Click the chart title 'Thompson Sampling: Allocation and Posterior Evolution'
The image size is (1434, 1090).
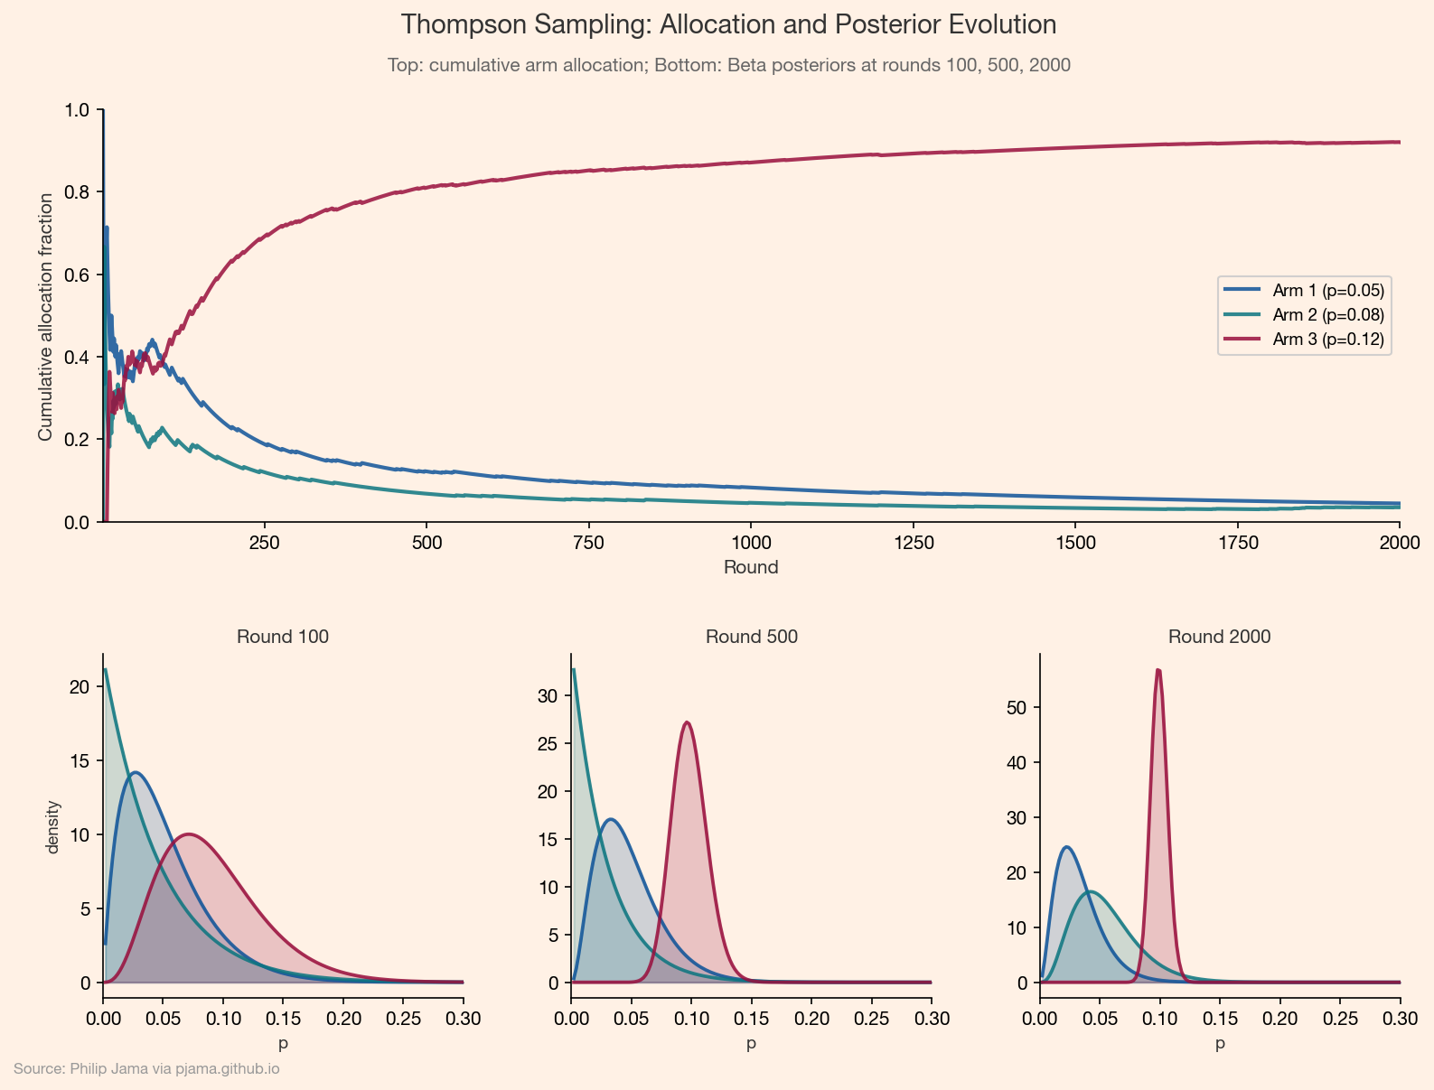click(728, 24)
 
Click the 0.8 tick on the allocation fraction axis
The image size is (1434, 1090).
click(78, 192)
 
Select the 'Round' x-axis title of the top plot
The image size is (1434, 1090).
click(751, 568)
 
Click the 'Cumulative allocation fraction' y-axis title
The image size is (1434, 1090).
click(45, 317)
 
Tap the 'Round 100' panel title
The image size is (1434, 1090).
click(283, 637)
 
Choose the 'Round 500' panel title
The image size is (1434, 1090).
click(751, 637)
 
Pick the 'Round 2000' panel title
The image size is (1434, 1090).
click(1219, 637)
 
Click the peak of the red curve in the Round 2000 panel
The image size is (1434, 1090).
click(1158, 670)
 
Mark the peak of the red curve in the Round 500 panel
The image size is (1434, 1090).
click(688, 722)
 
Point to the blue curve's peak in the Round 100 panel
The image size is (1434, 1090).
click(136, 773)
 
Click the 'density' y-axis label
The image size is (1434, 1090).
click(52, 826)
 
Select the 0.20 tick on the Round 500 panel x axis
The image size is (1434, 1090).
click(811, 1020)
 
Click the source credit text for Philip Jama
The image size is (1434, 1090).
click(146, 1069)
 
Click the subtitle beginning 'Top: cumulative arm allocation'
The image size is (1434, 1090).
click(728, 65)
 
